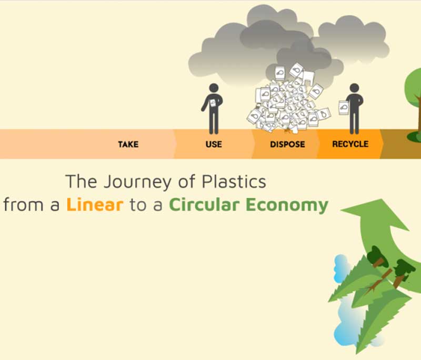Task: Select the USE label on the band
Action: tap(214, 144)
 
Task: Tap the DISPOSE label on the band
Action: tap(287, 144)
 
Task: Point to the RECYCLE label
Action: tap(350, 144)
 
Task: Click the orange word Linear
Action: tap(95, 205)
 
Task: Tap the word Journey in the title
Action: tap(133, 182)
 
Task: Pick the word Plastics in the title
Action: tap(234, 182)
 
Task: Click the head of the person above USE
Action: tap(214, 89)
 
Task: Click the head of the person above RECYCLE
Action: tap(354, 89)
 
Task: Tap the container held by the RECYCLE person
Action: tap(344, 108)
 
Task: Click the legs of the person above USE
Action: tap(214, 122)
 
